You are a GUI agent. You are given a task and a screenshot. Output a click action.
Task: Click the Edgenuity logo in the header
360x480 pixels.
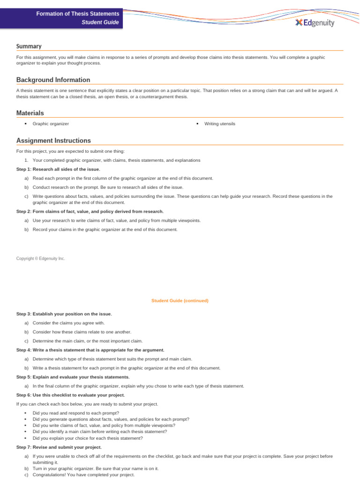click(315, 22)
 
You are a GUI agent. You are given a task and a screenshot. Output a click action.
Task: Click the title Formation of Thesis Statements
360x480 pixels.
click(77, 14)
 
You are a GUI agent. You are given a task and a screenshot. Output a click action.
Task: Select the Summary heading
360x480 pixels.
click(29, 46)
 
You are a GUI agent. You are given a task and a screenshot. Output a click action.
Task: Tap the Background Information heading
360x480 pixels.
click(53, 80)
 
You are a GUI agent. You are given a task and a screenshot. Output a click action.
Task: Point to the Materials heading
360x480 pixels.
click(30, 113)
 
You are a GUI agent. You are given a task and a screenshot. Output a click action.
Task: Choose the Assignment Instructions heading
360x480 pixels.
click(53, 141)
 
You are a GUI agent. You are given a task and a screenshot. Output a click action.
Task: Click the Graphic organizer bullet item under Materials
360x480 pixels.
click(51, 124)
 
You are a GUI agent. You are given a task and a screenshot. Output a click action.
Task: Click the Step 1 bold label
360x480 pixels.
click(58, 169)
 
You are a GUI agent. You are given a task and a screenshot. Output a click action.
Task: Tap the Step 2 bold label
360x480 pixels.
click(90, 211)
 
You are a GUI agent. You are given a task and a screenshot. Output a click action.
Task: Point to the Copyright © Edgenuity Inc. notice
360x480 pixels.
click(41, 258)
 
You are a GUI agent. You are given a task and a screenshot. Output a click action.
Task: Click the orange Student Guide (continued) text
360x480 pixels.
click(180, 300)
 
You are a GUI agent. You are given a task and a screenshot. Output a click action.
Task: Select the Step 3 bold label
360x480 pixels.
click(64, 314)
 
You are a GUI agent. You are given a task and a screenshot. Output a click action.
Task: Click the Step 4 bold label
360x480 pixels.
click(90, 350)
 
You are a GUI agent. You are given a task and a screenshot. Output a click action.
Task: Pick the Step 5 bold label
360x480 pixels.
click(73, 377)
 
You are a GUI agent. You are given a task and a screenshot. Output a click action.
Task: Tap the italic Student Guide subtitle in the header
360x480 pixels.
click(100, 22)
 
